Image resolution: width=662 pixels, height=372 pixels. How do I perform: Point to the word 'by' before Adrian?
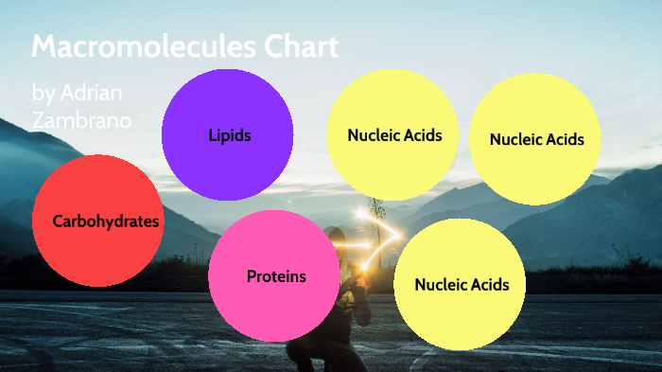point(44,93)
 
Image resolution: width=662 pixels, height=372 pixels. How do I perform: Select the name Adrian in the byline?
point(91,93)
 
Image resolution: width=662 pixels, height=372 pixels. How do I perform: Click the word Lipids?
point(230,135)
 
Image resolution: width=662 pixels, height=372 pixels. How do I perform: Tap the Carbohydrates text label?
point(106,221)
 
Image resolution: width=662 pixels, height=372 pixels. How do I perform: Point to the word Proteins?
point(276,276)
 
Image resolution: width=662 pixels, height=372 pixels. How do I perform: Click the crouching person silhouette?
point(346,284)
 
